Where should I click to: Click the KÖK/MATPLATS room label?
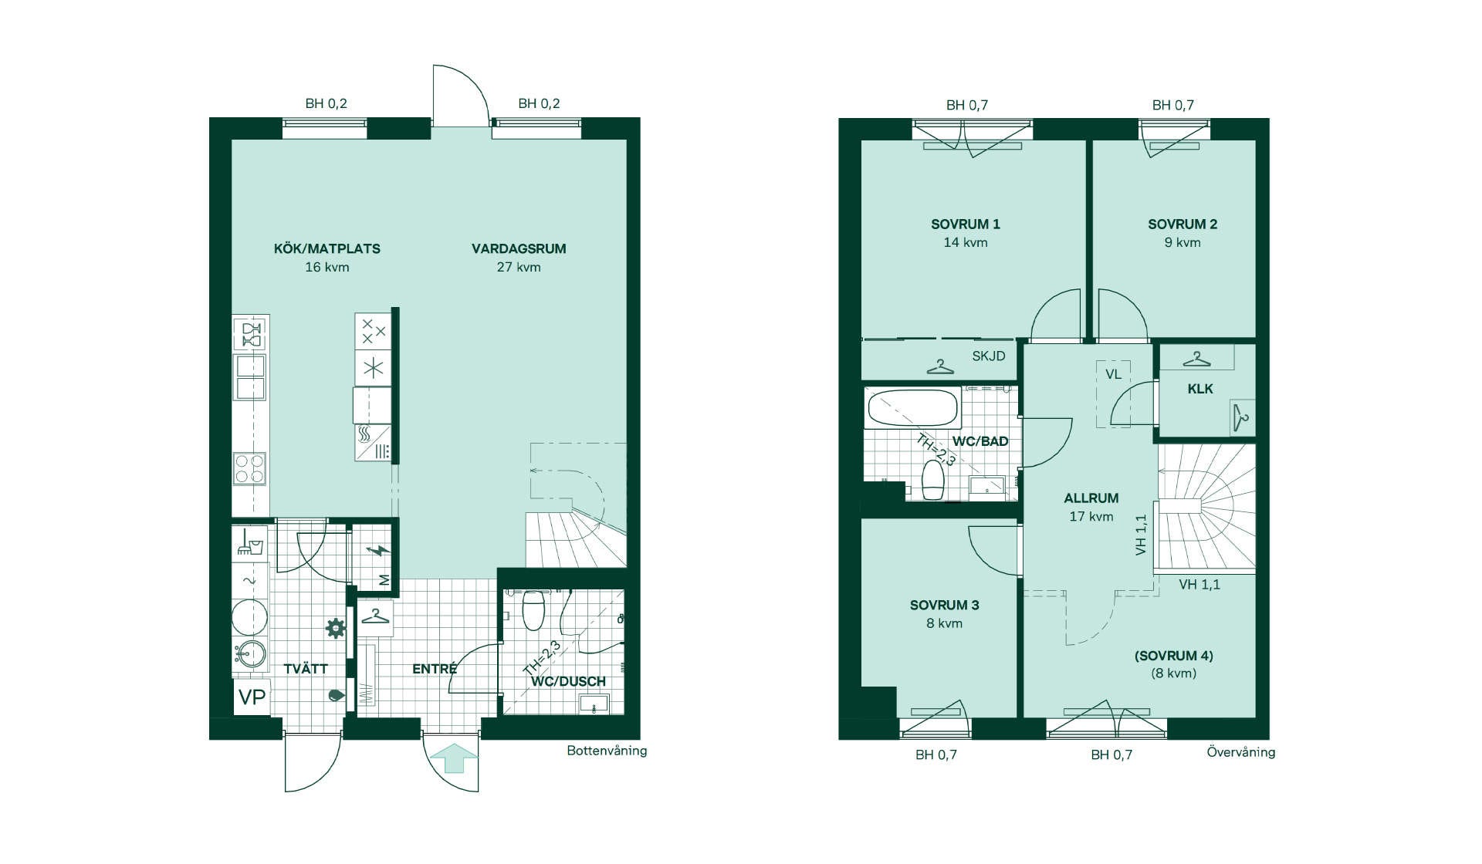[327, 248]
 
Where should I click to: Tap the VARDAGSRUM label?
[519, 248]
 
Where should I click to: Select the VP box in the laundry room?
[252, 697]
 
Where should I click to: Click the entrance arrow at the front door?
[454, 758]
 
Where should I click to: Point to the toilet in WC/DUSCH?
[533, 609]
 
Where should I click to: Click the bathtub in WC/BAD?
[913, 407]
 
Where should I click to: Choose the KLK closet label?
[1200, 389]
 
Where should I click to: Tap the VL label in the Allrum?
[1113, 374]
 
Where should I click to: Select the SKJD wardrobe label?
[989, 356]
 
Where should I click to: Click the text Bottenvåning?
[607, 751]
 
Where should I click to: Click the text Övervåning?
[1241, 752]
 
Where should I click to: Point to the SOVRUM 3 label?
[945, 605]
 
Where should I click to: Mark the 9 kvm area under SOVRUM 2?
[1183, 242]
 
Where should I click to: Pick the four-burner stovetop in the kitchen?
[250, 469]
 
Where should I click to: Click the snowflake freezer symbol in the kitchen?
[374, 368]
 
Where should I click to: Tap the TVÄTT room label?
[306, 668]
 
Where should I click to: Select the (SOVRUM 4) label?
[1174, 656]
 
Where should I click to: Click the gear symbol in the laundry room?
[336, 628]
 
